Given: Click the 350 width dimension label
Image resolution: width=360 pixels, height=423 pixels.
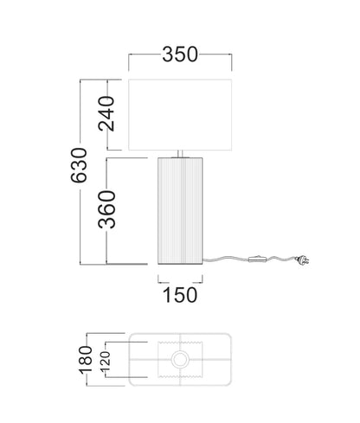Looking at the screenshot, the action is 180,54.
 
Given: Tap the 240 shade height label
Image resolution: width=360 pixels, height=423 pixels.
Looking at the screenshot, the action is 106,113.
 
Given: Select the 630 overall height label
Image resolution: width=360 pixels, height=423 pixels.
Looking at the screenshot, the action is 79,165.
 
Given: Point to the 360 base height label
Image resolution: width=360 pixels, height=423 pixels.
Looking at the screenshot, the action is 106,209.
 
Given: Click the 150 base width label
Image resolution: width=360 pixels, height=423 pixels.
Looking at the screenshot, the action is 180,295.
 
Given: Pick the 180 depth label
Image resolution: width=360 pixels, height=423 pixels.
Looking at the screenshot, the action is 86,360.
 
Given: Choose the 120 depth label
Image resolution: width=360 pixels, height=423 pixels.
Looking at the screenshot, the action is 106,361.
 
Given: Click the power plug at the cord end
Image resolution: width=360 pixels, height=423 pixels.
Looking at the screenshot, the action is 302,260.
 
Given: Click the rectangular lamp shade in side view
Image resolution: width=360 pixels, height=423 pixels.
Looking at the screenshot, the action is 180,115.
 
